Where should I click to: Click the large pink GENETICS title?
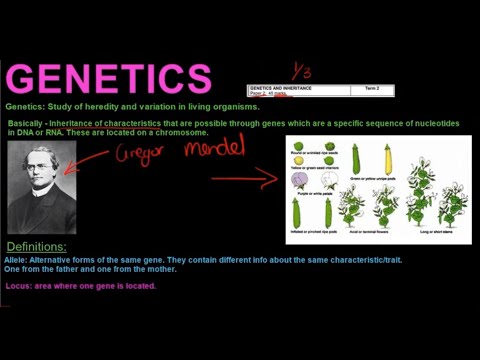[x=109, y=78]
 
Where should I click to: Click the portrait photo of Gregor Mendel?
[x=42, y=187]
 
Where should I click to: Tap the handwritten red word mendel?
[x=217, y=150]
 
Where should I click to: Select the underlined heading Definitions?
[x=37, y=246]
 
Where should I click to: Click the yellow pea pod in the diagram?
[x=385, y=158]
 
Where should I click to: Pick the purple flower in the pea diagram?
[x=300, y=181]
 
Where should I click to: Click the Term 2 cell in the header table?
[x=371, y=89]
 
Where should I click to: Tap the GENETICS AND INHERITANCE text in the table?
[x=281, y=89]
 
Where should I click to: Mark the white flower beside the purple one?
[x=323, y=181]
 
